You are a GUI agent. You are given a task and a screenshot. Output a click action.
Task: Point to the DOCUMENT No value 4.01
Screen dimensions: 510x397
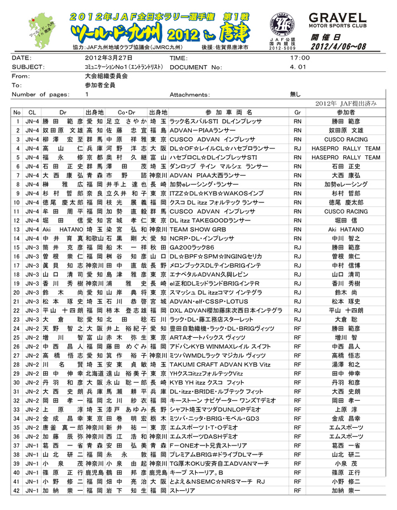tap(298, 67)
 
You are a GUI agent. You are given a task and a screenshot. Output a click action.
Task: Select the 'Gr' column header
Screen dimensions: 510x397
tap(297, 113)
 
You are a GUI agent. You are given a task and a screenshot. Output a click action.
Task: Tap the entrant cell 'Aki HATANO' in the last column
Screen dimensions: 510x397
tap(346, 229)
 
